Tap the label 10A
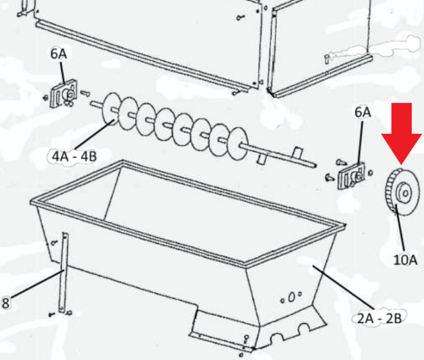coord(405,260)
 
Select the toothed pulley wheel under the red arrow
coord(402,192)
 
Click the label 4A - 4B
coord(75,156)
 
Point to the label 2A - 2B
coord(380,318)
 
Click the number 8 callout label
coord(5,303)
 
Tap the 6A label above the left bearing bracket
coord(59,54)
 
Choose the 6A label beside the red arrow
coord(363,112)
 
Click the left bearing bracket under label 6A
coord(64,94)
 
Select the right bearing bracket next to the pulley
coord(351,176)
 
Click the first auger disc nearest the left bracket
coord(111,109)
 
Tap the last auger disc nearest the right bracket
coord(238,144)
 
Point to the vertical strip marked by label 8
coord(64,273)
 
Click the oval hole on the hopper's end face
coord(291,297)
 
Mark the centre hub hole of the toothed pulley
coord(405,194)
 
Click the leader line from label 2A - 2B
coord(344,287)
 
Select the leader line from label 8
coord(38,283)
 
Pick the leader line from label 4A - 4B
coord(95,134)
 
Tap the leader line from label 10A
coord(400,228)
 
